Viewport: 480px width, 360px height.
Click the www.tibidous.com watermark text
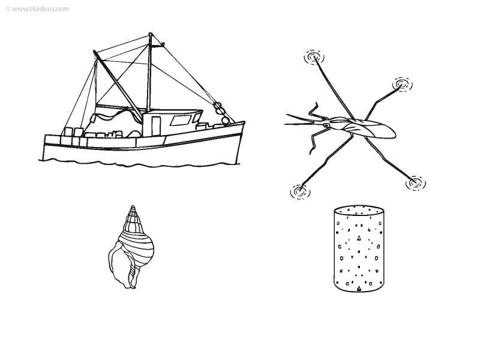(37, 9)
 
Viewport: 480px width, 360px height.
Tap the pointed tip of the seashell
(132, 206)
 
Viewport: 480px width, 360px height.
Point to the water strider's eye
(326, 125)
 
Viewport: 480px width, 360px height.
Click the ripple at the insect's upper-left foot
(314, 57)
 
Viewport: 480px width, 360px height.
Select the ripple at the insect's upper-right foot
(402, 84)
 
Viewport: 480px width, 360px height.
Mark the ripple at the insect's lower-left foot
(300, 192)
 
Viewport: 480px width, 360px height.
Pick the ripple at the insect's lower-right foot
(415, 184)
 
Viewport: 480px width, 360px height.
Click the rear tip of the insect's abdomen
(395, 133)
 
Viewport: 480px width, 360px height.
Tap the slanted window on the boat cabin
(181, 120)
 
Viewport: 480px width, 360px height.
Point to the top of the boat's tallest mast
(151, 33)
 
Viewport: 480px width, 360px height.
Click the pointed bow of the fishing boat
(244, 122)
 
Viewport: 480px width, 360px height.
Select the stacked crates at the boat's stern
(72, 137)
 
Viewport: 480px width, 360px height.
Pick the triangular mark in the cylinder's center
(359, 238)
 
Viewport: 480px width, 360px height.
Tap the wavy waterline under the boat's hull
(139, 163)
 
